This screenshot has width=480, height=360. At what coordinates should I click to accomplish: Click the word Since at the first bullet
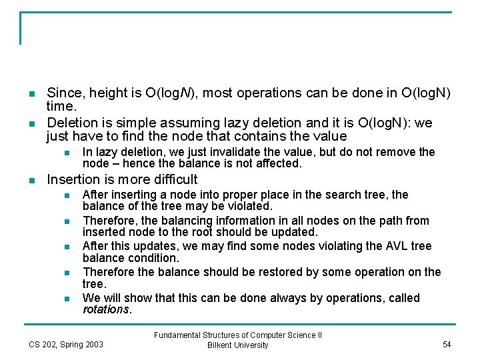click(63, 94)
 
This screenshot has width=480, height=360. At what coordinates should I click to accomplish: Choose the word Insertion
click(73, 179)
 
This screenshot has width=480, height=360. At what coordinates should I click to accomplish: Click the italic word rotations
click(107, 309)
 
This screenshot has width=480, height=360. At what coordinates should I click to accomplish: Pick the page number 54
click(447, 344)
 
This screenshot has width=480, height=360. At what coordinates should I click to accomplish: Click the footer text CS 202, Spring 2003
click(66, 344)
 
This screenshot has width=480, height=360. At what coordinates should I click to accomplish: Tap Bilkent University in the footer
click(238, 345)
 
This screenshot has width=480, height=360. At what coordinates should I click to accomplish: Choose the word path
click(387, 221)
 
